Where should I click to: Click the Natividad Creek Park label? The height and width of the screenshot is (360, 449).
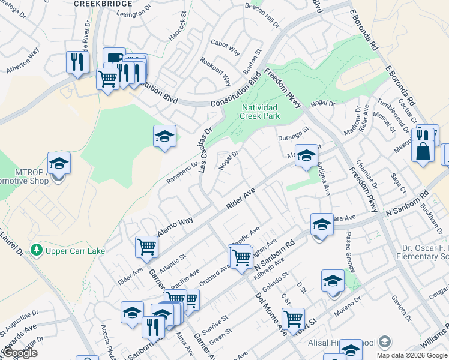261,112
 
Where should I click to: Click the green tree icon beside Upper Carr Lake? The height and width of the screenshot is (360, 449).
37,248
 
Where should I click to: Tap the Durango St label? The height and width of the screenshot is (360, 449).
293,134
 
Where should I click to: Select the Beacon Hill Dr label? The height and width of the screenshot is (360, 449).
262,16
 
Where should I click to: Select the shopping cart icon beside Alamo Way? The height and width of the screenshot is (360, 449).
146,246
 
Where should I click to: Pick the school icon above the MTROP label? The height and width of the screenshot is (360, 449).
59,163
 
